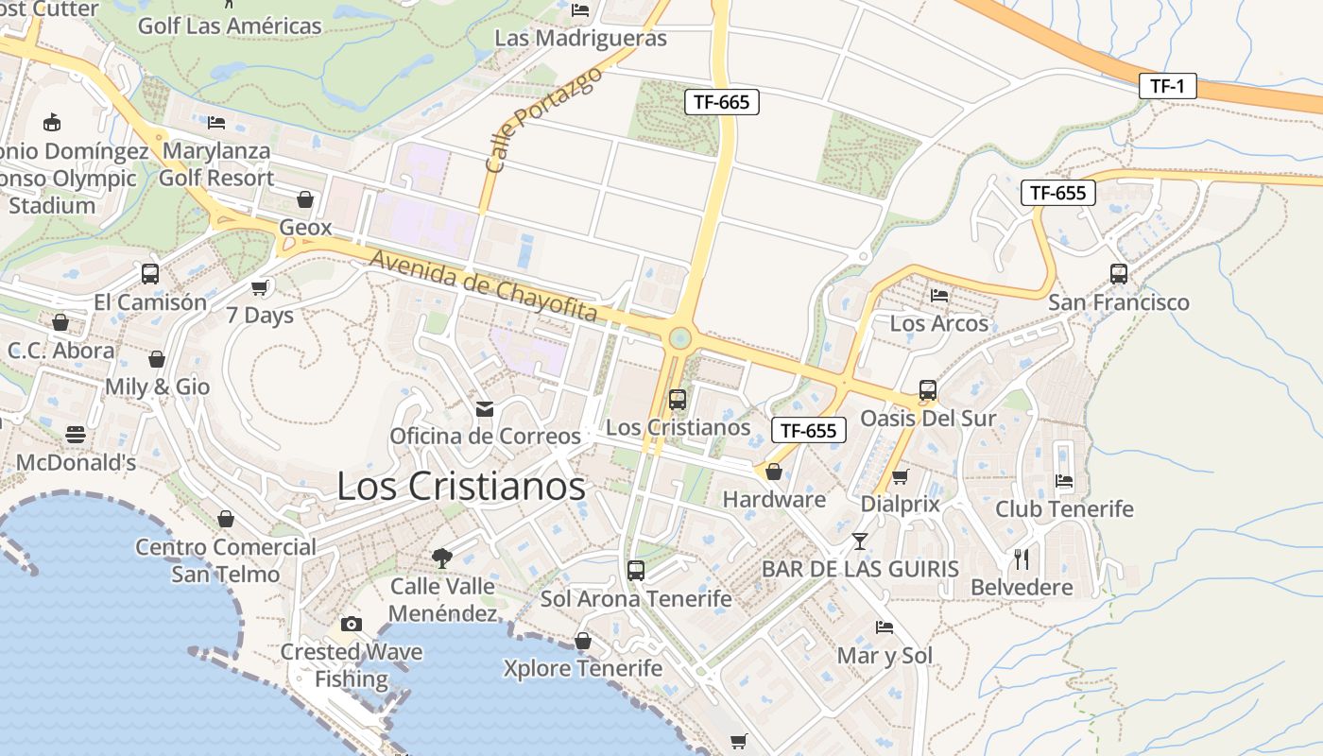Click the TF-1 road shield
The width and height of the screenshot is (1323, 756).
coord(1167,86)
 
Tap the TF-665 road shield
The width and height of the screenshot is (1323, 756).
coord(721,102)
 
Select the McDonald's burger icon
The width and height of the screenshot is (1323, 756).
coord(76,435)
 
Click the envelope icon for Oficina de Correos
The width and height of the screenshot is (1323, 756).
coord(485,408)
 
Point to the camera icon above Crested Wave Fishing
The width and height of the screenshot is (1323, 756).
coord(352,624)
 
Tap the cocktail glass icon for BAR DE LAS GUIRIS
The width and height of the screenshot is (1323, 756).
coord(859,541)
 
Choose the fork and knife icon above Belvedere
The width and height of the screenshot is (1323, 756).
coord(1022,558)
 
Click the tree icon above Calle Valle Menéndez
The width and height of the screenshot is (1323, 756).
coord(441,558)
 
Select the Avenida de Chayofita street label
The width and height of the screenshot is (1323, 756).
coord(483,285)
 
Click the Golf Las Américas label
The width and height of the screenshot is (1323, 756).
coord(230,26)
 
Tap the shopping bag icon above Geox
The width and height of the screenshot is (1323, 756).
coord(304,199)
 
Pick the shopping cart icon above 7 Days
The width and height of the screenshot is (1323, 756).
coord(260,287)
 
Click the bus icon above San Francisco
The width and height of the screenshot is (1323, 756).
coord(1119,274)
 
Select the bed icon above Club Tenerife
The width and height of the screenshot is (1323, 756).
coord(1064,480)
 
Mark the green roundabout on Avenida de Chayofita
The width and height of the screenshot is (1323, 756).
coord(679,338)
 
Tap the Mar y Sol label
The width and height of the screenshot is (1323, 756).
coord(885,656)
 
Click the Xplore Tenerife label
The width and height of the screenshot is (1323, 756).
coord(582,669)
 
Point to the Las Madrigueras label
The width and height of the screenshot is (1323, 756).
coord(581,39)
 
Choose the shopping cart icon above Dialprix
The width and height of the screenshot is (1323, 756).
coord(900,476)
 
